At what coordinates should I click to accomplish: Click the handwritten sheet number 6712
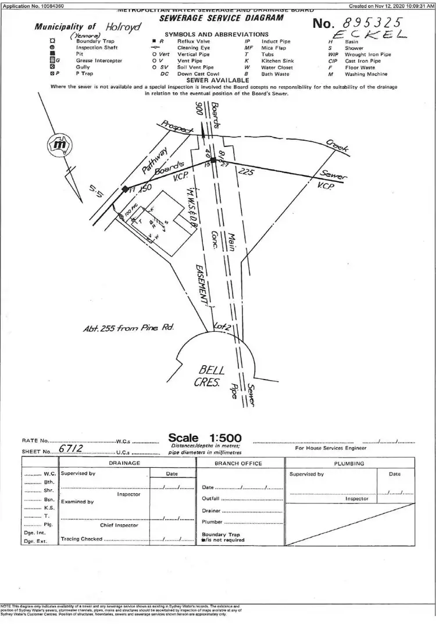(x=71, y=450)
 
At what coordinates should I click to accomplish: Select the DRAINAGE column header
(x=124, y=463)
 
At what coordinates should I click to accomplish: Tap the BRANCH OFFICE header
(x=238, y=463)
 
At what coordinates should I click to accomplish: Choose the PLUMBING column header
(x=349, y=463)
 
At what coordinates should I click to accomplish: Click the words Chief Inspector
(x=119, y=525)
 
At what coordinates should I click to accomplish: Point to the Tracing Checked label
(x=81, y=539)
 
